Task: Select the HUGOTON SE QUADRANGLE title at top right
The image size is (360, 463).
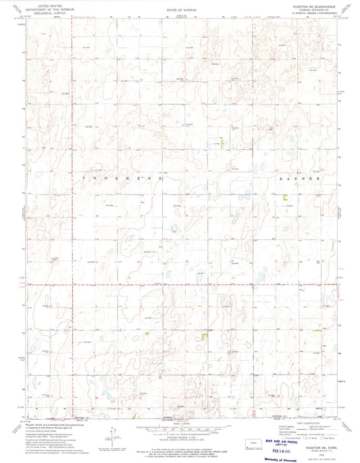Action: coord(308,7)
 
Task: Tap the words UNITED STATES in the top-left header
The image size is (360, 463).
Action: coord(59,5)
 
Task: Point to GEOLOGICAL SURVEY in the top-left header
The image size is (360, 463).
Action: coord(59,12)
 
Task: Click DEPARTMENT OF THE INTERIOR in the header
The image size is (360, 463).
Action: coord(59,9)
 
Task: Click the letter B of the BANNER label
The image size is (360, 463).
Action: coord(282,179)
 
